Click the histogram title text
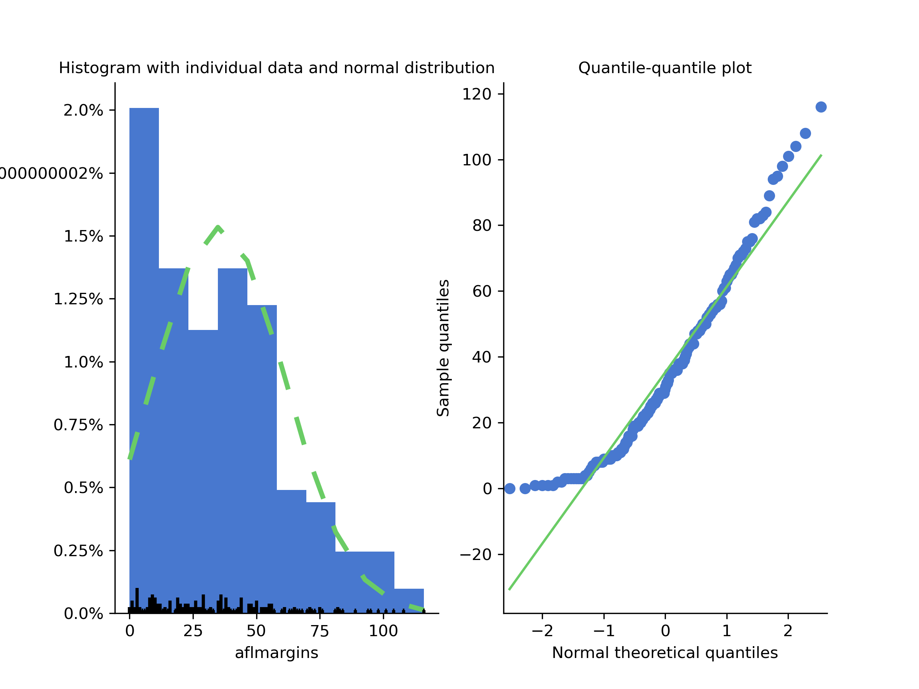tap(277, 68)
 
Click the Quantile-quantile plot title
tap(665, 68)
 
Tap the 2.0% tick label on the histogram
tap(83, 111)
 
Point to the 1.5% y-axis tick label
tap(83, 236)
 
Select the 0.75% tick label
tap(78, 425)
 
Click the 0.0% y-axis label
tap(83, 614)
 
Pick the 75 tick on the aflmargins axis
tap(319, 631)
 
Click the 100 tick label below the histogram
tap(383, 631)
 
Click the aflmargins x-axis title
tap(276, 653)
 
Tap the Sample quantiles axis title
tap(443, 348)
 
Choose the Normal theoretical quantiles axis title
tap(665, 653)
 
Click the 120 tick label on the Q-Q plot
tap(477, 94)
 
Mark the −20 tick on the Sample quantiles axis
tap(476, 555)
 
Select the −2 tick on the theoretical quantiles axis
tap(542, 631)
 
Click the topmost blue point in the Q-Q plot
tap(821, 107)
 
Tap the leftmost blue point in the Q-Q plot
tap(510, 489)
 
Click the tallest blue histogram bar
tap(144, 332)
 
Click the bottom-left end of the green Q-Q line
tap(510, 589)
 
